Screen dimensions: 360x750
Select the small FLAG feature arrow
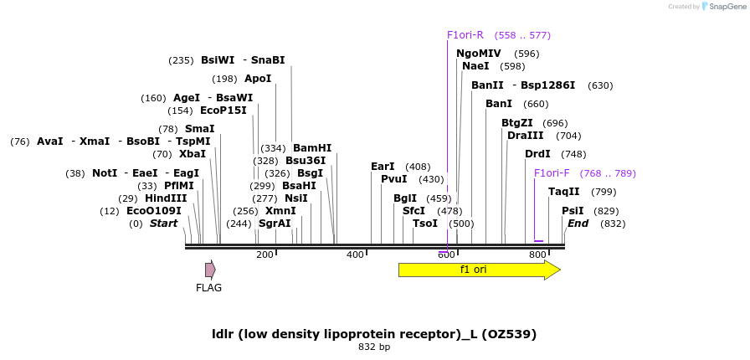(x=210, y=270)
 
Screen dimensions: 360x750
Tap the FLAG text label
(x=208, y=288)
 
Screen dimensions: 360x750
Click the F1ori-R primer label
(x=465, y=35)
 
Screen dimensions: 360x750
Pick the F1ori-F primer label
(x=552, y=173)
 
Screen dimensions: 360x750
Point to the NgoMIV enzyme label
(x=479, y=54)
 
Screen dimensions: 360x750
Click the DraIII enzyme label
(x=526, y=136)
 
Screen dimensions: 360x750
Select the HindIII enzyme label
(x=166, y=198)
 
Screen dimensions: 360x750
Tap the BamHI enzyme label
(x=312, y=148)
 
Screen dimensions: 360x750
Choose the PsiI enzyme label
(x=573, y=211)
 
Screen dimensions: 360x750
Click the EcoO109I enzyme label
(x=154, y=211)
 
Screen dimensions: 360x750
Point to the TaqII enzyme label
(x=564, y=192)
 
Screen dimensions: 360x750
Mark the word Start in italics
(x=164, y=224)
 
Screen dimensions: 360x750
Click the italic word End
(x=578, y=224)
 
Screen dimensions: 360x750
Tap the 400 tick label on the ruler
(x=356, y=255)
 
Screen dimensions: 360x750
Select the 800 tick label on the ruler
(x=537, y=255)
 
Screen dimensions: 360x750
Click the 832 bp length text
(x=374, y=347)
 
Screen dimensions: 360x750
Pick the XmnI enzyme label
(x=280, y=211)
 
